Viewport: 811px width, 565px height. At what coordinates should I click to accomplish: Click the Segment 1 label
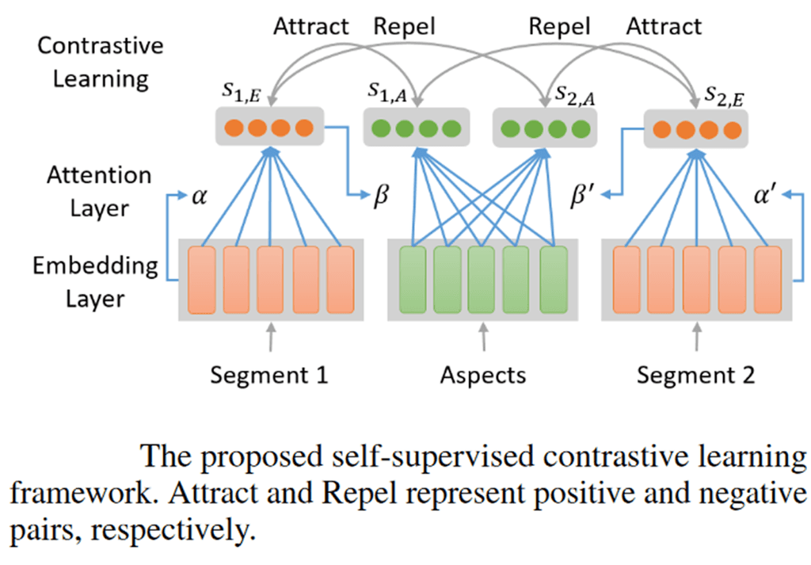coord(268,374)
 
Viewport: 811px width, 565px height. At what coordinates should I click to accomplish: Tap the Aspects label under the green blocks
coord(482,374)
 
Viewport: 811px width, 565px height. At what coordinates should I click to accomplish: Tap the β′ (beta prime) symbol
coord(587,196)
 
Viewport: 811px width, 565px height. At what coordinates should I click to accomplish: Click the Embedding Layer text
coord(94,281)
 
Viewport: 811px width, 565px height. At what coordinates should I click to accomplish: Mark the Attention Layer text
coord(93,191)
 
